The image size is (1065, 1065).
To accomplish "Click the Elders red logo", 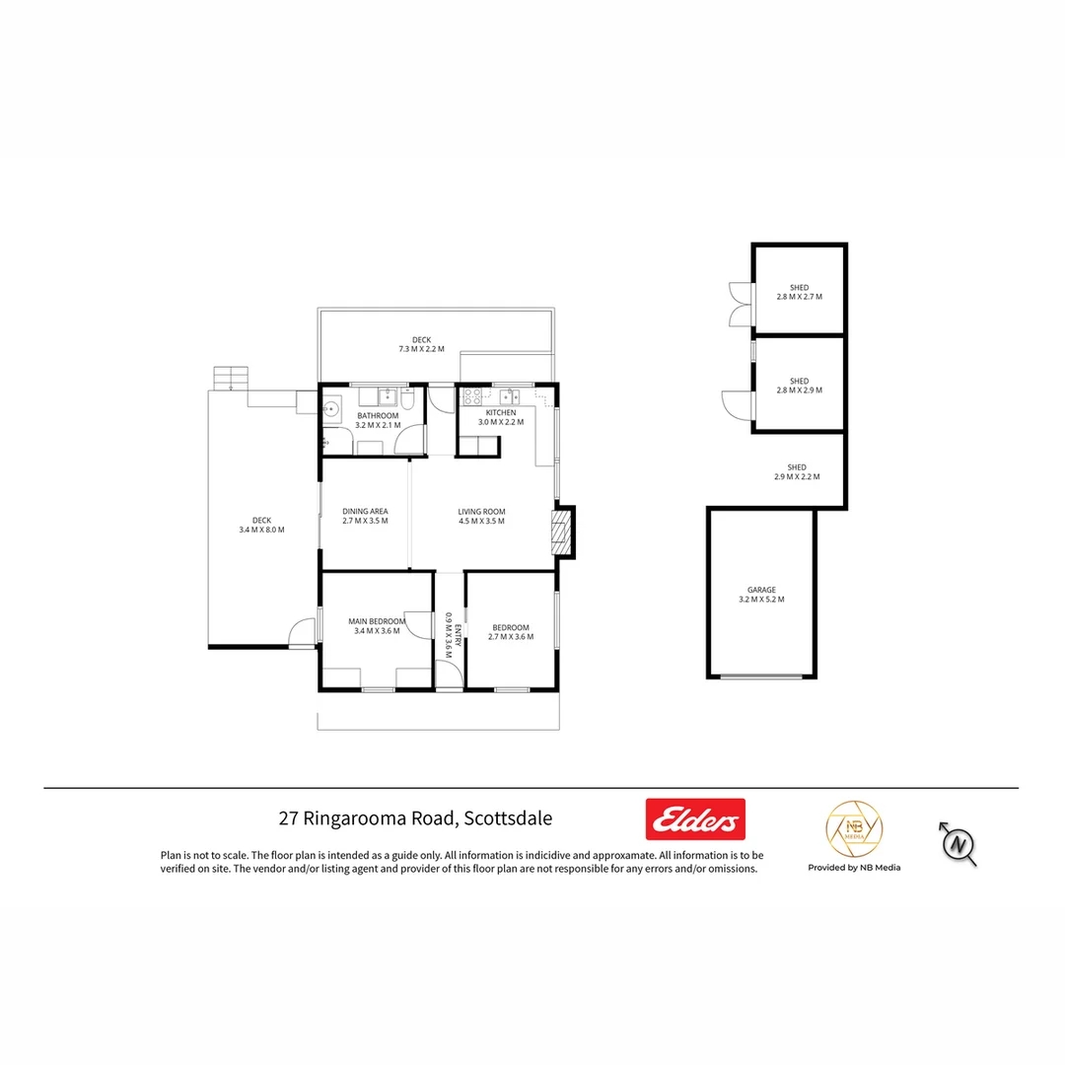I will tap(695, 819).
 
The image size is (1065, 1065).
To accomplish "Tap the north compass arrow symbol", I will tap(957, 843).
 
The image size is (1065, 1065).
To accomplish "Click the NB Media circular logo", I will tap(853, 829).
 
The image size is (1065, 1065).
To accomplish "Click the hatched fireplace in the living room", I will tap(562, 533).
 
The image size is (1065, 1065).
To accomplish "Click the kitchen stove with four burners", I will tap(471, 398).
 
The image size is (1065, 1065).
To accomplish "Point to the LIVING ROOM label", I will tap(481, 512).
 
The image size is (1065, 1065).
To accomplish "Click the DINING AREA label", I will tap(365, 512).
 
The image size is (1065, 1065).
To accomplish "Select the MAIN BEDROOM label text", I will tap(377, 621).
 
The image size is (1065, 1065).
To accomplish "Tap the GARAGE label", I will tap(761, 590).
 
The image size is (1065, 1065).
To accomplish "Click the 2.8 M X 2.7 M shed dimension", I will tap(799, 297).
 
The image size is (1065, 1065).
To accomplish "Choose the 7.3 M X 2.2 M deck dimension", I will tap(421, 349).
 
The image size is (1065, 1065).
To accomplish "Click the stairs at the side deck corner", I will tap(231, 379).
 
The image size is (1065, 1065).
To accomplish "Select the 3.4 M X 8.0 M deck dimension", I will tap(261, 530).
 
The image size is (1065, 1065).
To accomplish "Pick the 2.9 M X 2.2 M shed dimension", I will tap(797, 477).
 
